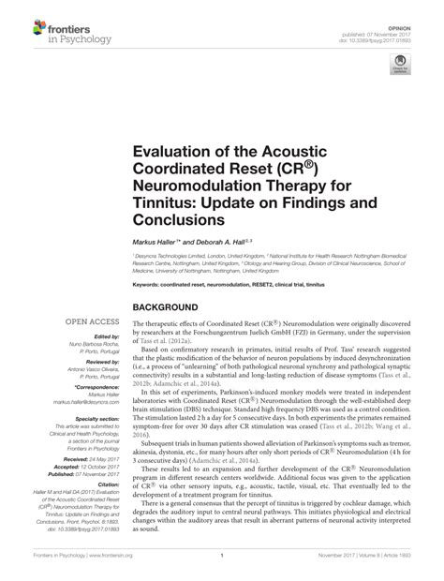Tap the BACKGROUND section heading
pos(171,307)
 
